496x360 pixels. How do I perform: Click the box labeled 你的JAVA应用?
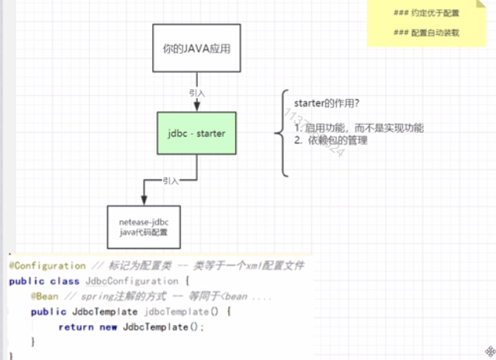point(196,49)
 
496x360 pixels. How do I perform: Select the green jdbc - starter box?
point(196,133)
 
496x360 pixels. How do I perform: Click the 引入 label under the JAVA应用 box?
point(197,92)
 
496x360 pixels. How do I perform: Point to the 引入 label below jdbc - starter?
point(171,180)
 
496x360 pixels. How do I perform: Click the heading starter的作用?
point(326,103)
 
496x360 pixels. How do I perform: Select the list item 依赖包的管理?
point(337,140)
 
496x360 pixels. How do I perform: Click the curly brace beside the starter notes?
point(280,134)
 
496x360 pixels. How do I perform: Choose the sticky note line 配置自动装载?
point(427,33)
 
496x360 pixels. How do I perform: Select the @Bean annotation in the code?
point(43,296)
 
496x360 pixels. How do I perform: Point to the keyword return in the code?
point(75,327)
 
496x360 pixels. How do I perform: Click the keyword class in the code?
point(65,281)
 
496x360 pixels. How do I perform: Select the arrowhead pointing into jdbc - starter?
point(197,107)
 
